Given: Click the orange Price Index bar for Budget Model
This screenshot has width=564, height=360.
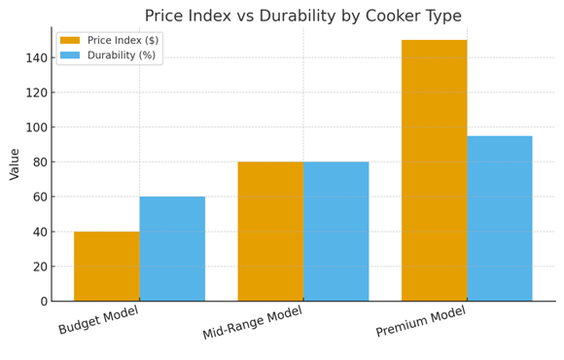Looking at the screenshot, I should (106, 266).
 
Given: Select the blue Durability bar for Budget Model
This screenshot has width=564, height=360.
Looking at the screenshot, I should (172, 248).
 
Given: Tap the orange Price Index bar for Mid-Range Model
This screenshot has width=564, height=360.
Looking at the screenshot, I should (270, 231).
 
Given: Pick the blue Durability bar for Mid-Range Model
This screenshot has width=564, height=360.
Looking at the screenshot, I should (335, 231).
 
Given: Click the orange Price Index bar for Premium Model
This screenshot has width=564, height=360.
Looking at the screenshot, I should (434, 170).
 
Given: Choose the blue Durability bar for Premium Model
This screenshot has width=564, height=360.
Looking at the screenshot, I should (500, 218).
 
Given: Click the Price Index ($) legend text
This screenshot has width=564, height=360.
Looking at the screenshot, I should (123, 41).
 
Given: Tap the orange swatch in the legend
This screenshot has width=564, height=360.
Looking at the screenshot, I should (70, 41).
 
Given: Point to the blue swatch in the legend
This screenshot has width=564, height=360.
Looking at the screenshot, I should (70, 55).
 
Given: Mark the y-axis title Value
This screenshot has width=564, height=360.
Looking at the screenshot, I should (15, 163).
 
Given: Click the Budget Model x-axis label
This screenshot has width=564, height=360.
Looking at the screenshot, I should (99, 320).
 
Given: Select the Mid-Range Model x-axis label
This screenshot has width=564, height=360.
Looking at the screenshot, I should (253, 323).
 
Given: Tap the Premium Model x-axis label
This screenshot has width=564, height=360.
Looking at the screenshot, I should (421, 322).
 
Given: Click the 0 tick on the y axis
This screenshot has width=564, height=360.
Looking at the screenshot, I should (43, 302).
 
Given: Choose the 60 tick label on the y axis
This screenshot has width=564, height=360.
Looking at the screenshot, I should (39, 198).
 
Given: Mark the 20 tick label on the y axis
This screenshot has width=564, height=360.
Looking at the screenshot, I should (39, 267).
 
